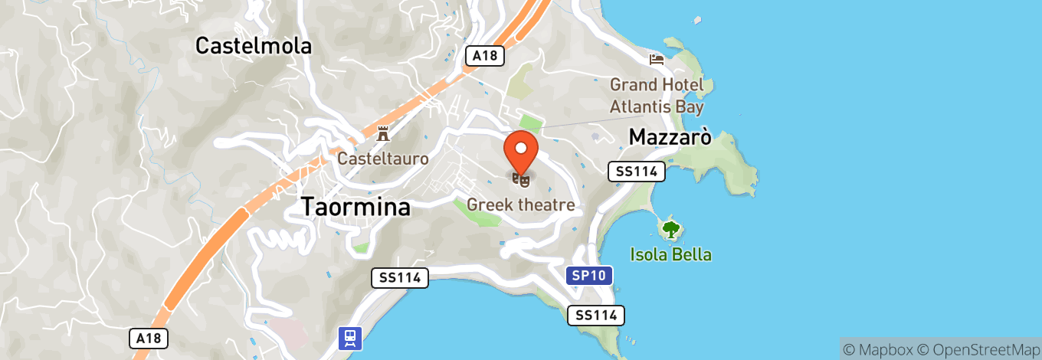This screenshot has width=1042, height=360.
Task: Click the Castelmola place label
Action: coord(254,46)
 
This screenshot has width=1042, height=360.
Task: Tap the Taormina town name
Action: coord(356,207)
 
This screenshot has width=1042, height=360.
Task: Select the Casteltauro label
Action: coord(383,159)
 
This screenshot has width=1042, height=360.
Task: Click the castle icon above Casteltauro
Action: coord(383,134)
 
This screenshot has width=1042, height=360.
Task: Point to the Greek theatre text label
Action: coord(521,205)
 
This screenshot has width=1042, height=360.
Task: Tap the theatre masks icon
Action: coord(521,180)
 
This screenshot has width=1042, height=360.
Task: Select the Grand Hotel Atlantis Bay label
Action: coord(657,95)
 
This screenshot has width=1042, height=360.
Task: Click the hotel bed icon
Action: coord(657,59)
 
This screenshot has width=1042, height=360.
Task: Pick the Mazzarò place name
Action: coord(670,137)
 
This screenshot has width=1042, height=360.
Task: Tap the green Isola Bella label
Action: coord(671,254)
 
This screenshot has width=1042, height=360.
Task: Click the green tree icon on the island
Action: coord(671,228)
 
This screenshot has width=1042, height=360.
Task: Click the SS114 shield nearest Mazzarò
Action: coord(636,172)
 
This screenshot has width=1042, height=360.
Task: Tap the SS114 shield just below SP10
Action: coord(596,315)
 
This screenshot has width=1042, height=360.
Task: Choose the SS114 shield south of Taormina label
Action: coord(400,278)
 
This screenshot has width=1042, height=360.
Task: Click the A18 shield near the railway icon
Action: coord(148,339)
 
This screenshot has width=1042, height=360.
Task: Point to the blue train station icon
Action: coord(350,338)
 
